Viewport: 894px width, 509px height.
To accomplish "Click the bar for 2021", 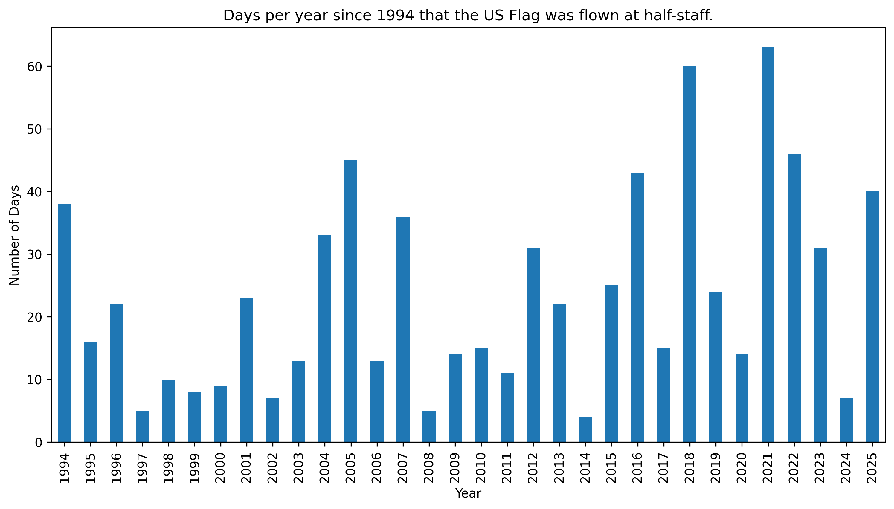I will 768,245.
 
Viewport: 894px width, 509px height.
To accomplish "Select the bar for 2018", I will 689,254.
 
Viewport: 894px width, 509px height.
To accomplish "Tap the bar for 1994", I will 64,323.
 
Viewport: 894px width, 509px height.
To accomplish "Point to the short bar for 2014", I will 585,430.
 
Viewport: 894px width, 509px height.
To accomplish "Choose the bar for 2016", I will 637,307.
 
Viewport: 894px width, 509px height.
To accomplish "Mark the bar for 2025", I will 872,317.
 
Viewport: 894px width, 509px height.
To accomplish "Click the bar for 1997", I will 142,426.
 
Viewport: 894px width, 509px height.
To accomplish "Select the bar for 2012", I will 533,345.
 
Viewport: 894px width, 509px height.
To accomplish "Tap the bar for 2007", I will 403,329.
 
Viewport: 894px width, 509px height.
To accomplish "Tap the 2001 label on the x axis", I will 247,468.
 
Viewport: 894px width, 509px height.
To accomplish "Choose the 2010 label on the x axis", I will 481,468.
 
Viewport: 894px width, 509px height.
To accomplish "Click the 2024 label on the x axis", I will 846,468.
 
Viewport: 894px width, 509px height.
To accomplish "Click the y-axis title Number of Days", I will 15,235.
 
